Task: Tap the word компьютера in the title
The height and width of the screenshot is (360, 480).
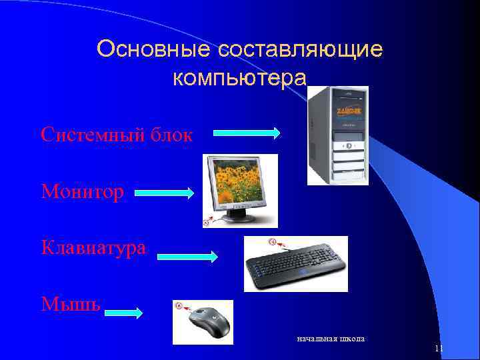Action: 239,79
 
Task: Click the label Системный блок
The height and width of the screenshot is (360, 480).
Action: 117,135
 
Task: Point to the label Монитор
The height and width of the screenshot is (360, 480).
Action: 83,193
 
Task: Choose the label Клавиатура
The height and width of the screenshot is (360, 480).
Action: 94,248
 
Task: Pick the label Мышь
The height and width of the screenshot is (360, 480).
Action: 71,304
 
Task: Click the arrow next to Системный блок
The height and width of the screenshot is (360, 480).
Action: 247,133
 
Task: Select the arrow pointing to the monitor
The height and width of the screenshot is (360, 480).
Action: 165,194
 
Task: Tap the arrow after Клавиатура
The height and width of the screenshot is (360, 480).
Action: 187,257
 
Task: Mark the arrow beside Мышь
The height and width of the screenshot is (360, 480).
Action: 124,312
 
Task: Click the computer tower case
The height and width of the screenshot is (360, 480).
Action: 337,137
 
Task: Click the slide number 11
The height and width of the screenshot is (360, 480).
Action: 439,349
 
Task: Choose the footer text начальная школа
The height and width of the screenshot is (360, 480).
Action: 331,339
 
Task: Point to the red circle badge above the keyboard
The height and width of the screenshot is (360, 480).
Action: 271,241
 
